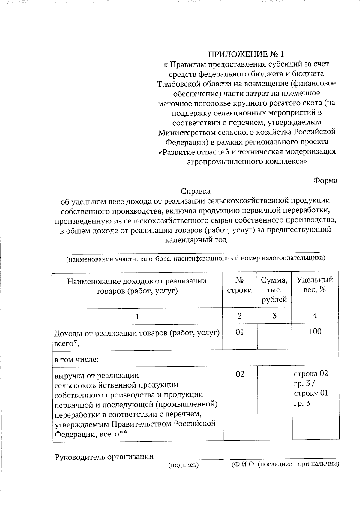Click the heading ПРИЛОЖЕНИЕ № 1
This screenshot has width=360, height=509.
246,54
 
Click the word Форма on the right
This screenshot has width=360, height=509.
325,181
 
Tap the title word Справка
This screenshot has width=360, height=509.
196,191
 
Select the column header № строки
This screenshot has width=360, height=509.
239,285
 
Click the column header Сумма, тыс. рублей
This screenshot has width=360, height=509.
274,290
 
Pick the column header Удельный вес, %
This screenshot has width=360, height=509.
315,285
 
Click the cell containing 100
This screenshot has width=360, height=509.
315,331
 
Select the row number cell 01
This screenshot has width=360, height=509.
239,332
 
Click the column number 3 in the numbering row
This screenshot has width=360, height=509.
274,316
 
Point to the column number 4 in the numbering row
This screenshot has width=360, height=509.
315,315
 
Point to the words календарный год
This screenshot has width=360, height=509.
196,240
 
